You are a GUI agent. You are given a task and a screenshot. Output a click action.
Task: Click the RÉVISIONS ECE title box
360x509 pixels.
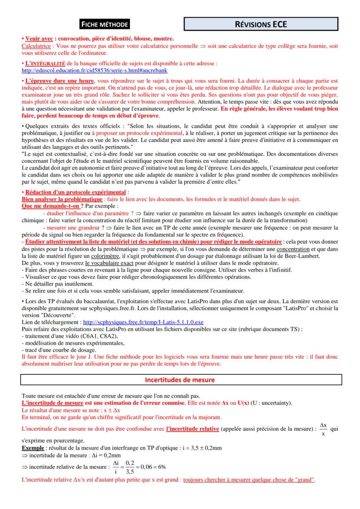point(261,24)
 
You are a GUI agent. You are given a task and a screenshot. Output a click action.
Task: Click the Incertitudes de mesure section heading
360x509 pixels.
point(180,380)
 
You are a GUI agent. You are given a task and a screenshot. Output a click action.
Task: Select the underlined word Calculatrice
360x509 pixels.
point(37,45)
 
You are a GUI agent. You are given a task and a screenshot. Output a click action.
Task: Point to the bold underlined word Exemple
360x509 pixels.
point(33,447)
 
